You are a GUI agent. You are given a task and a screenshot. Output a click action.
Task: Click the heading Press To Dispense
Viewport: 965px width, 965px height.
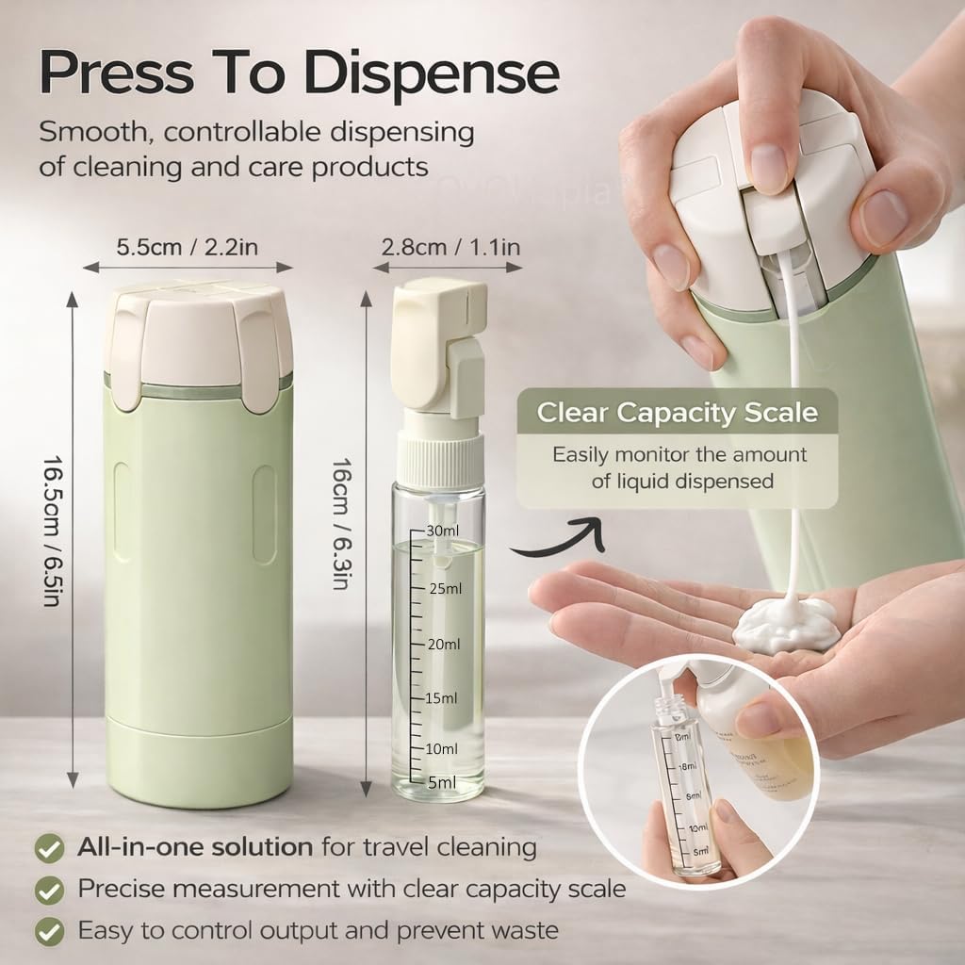(x=299, y=72)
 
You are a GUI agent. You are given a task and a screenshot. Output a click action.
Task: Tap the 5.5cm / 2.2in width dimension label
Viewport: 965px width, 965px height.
(x=188, y=248)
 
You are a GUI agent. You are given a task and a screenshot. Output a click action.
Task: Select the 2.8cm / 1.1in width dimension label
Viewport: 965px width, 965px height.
(x=451, y=248)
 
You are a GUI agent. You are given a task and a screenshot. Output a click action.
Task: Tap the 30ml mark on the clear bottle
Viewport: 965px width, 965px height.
(x=443, y=530)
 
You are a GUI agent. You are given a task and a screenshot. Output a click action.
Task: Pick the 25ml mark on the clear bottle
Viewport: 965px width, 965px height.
(x=445, y=589)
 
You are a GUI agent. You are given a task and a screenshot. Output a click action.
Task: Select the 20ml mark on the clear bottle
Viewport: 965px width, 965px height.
(x=443, y=645)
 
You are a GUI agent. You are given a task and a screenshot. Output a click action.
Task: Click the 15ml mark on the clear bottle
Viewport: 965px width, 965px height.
(x=441, y=698)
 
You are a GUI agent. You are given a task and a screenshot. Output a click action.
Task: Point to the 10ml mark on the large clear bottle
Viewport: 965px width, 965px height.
(x=441, y=748)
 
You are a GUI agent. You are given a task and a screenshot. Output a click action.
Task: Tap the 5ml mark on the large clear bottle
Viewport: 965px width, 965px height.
(x=441, y=781)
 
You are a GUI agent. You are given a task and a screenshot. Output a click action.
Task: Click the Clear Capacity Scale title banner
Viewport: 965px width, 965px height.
(x=677, y=413)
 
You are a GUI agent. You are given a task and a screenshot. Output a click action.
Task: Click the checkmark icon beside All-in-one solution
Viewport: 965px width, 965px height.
(x=49, y=847)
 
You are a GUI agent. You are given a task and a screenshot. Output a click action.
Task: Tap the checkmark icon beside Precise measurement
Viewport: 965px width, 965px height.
(x=49, y=889)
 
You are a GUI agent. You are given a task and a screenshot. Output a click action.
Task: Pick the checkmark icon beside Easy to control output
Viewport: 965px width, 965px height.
(x=49, y=931)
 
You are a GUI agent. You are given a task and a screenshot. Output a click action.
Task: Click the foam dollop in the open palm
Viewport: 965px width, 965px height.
(x=786, y=624)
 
